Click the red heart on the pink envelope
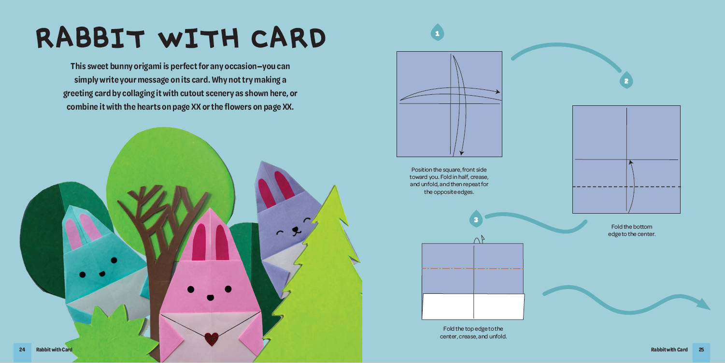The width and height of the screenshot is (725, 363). (x=212, y=339)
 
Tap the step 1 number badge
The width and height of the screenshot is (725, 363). (x=437, y=32)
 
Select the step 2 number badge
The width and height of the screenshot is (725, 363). (x=626, y=80)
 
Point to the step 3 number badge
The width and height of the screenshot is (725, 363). (x=476, y=219)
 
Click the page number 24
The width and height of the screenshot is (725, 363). (x=22, y=349)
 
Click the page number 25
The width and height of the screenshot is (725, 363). (x=701, y=349)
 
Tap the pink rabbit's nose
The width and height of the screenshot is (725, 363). (x=211, y=297)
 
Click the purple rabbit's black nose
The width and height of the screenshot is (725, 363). (x=296, y=230)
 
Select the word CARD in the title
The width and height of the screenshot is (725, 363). (x=288, y=39)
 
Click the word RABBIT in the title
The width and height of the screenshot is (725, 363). (x=90, y=38)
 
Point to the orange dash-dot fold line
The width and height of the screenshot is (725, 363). (x=472, y=268)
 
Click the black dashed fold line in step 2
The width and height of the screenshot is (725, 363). (x=626, y=187)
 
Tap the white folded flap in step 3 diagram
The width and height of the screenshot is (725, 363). (x=473, y=306)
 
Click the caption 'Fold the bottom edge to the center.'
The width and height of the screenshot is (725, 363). (x=631, y=230)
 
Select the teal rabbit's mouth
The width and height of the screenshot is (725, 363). (x=102, y=274)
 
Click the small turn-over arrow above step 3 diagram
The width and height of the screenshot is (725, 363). (x=479, y=239)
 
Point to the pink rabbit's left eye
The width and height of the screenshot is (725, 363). (x=191, y=289)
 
